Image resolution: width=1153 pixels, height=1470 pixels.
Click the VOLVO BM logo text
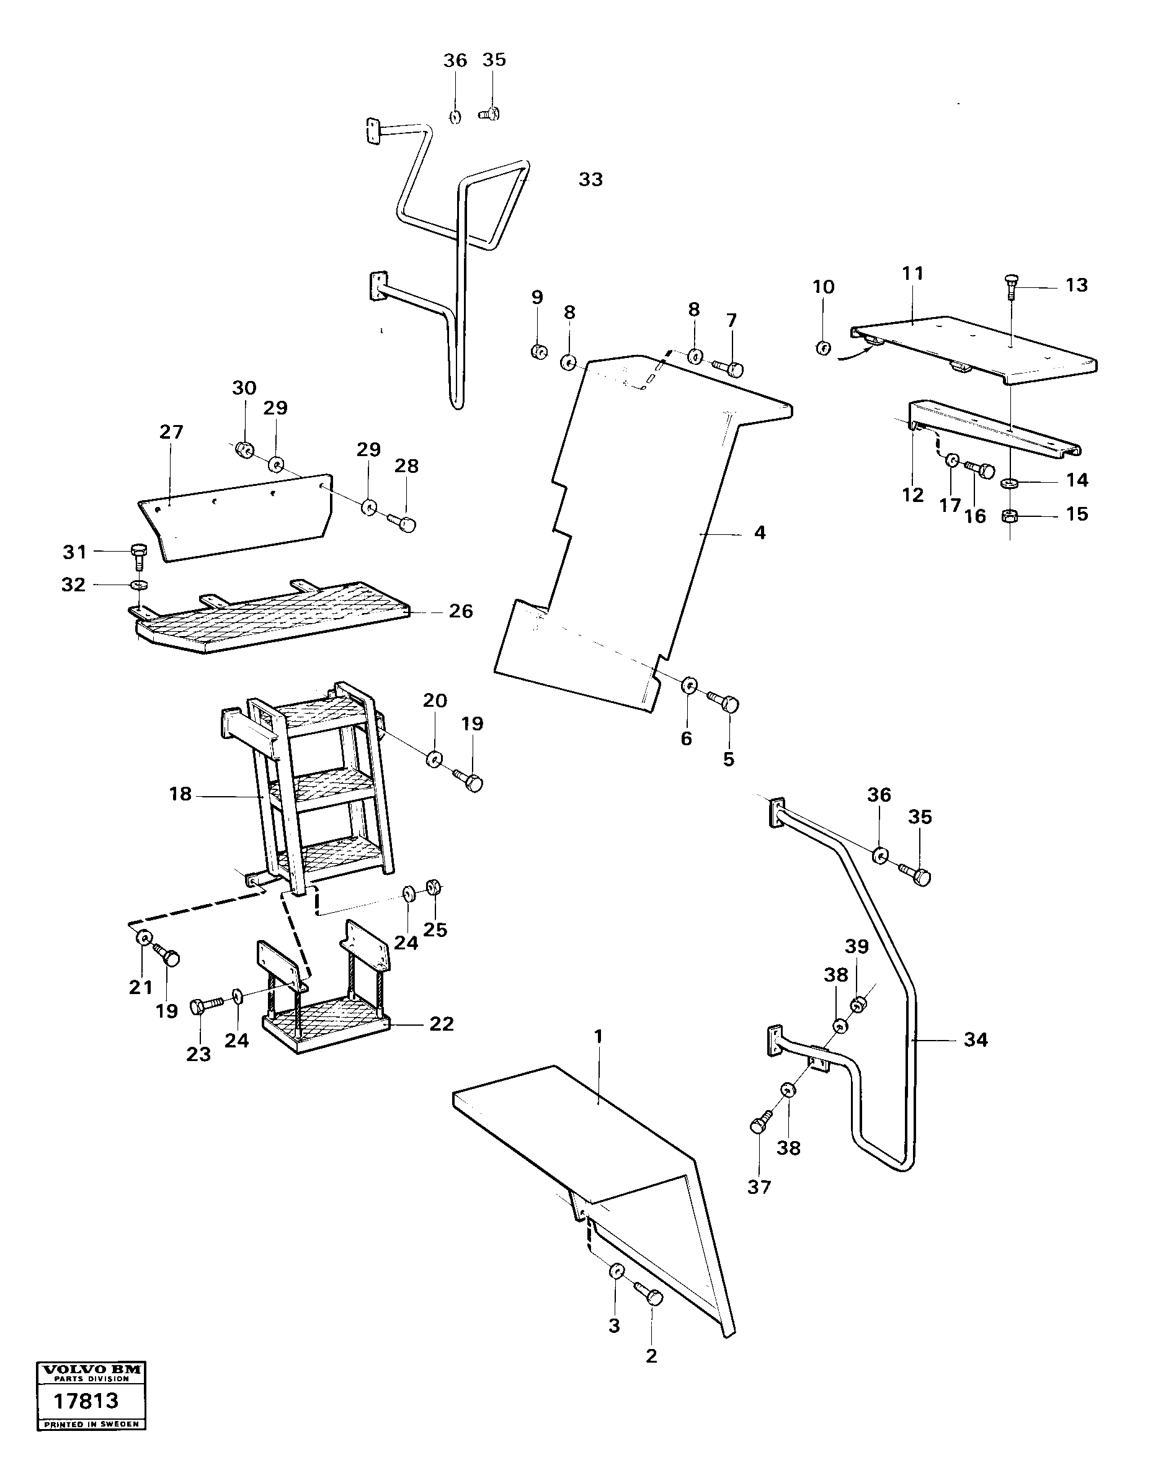[91, 1370]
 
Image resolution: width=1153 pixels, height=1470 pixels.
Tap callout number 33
[590, 179]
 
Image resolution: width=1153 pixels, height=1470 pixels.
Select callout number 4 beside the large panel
[759, 533]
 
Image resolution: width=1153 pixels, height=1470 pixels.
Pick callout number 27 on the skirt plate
[171, 432]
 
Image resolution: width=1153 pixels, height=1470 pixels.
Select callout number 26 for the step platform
[461, 611]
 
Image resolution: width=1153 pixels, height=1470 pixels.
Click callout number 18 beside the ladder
[180, 794]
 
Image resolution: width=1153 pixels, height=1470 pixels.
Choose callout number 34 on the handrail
[976, 1040]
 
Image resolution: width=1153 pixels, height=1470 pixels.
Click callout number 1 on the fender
[597, 1036]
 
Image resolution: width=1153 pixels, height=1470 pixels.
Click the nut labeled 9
[539, 352]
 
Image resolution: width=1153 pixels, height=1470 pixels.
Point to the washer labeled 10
[823, 347]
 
